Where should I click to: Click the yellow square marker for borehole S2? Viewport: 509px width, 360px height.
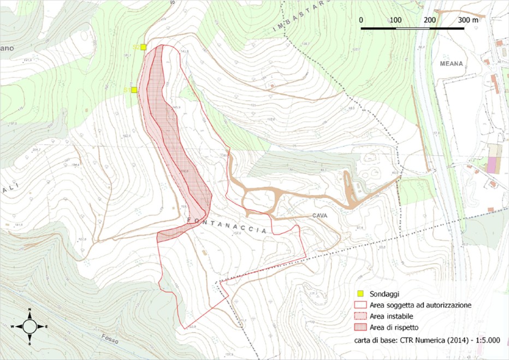click(x=143, y=48)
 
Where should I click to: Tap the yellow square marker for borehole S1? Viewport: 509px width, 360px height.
click(x=134, y=90)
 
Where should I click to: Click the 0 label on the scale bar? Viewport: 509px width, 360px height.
click(x=362, y=20)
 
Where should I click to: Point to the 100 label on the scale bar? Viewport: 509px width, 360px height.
click(x=395, y=20)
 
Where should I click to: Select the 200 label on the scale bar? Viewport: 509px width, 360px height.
click(x=429, y=20)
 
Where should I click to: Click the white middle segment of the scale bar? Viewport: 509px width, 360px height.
click(x=412, y=27)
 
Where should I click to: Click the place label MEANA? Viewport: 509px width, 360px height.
click(x=451, y=63)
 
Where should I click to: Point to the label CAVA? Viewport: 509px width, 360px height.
click(x=320, y=216)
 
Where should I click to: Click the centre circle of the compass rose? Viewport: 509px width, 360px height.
click(x=29, y=326)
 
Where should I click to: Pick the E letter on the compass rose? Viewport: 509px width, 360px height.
click(x=46, y=326)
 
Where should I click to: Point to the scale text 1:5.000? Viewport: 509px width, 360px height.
click(x=485, y=340)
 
